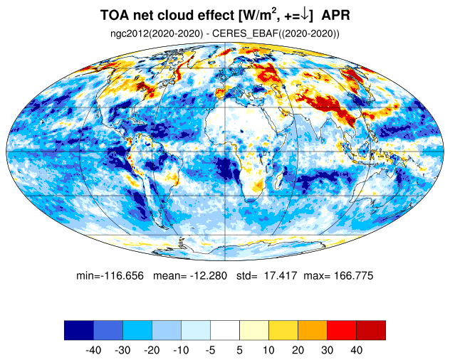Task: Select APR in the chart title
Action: click(x=335, y=15)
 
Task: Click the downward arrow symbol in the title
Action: click(x=305, y=15)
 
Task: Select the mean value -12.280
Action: click(x=209, y=275)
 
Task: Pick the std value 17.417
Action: click(x=281, y=275)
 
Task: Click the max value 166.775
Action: click(x=354, y=275)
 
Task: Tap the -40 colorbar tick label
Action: click(x=93, y=350)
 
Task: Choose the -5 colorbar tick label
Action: click(x=210, y=350)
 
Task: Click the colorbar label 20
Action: click(x=298, y=350)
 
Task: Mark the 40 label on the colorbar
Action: click(x=356, y=350)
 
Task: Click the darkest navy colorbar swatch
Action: click(x=79, y=330)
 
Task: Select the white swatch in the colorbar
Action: click(x=225, y=330)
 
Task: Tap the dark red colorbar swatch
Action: click(x=371, y=330)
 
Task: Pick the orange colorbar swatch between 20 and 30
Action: click(x=313, y=330)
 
